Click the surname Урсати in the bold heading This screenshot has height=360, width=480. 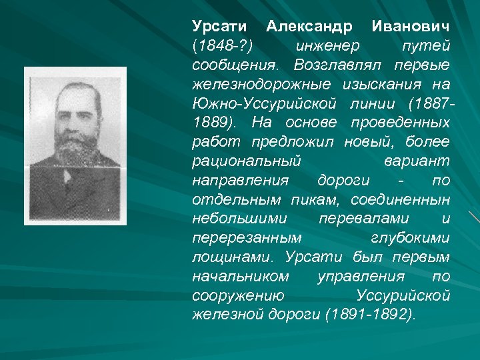pyautogui.click(x=219, y=27)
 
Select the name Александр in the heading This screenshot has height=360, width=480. pyautogui.click(x=309, y=27)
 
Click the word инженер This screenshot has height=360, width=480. pyautogui.click(x=327, y=47)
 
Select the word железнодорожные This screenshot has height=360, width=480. pyautogui.click(x=263, y=85)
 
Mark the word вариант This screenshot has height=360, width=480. pyautogui.click(x=417, y=162)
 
